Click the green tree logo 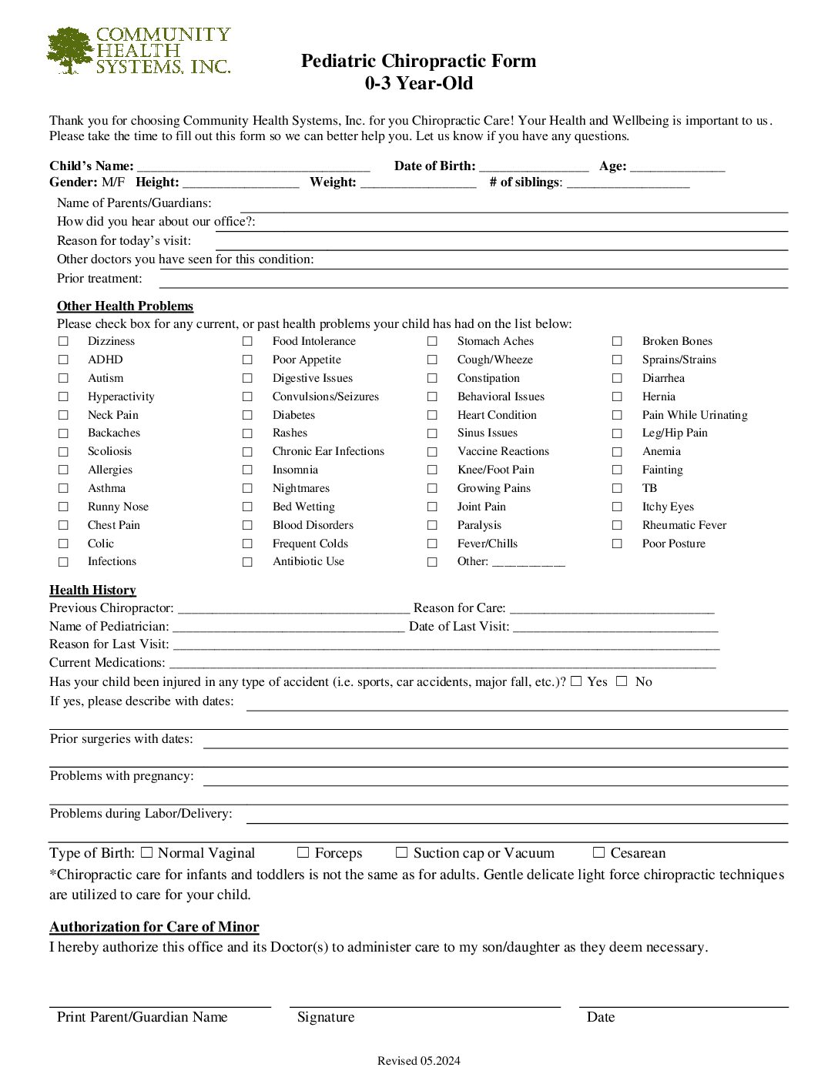[70, 50]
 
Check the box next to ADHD [63, 360]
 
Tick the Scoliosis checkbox [63, 452]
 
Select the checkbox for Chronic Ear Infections [247, 452]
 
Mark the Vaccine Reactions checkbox [432, 452]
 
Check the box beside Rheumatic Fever [617, 525]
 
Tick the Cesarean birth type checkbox [598, 852]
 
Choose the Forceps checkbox [303, 852]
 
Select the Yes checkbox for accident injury [576, 681]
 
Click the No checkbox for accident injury [622, 681]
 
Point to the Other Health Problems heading [125, 306]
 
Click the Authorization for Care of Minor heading [154, 927]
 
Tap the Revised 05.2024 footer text [418, 1061]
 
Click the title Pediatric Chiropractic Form [418, 61]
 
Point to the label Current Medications [107, 662]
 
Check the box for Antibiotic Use [247, 562]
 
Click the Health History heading [92, 590]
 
